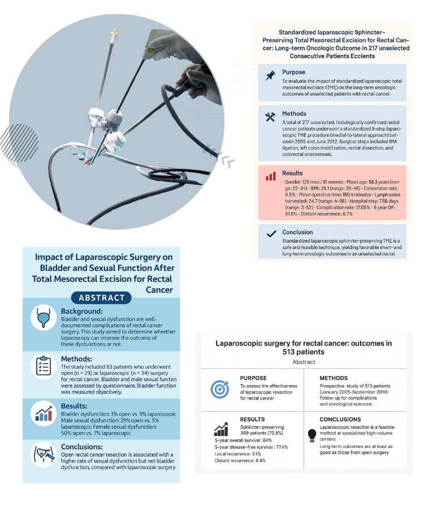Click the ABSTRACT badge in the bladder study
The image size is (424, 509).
point(101,297)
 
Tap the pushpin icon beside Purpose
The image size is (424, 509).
point(270,76)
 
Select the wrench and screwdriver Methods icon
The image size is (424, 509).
point(270,117)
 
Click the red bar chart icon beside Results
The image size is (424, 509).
point(270,176)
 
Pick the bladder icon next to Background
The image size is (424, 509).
point(43,320)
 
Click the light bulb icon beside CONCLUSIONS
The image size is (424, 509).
point(311,434)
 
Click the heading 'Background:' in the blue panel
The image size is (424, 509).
point(82,311)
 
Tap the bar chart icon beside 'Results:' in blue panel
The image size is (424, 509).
point(43,413)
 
